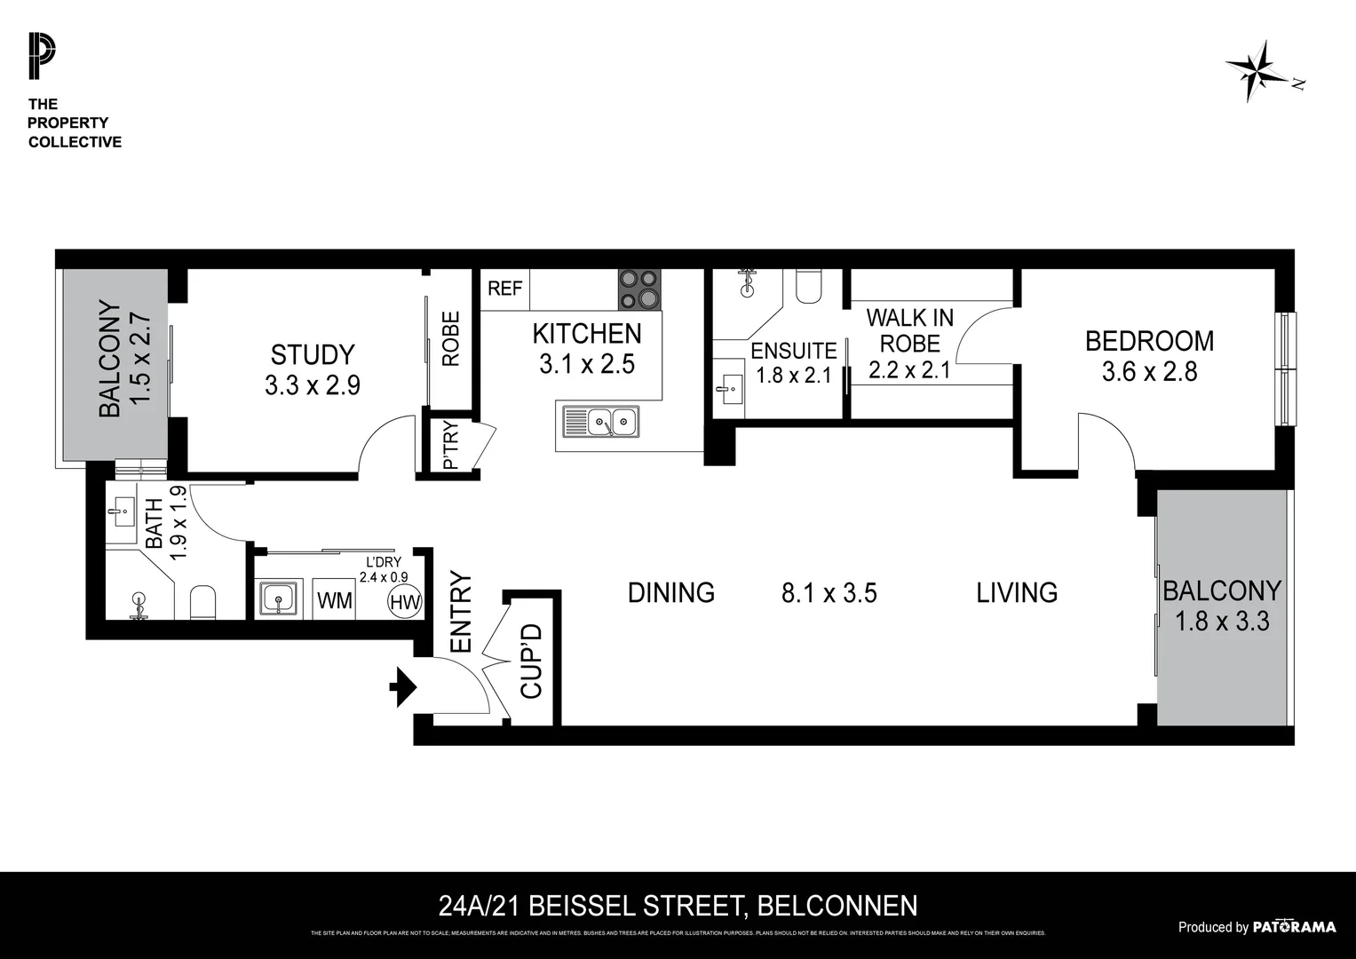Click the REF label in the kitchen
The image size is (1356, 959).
(505, 289)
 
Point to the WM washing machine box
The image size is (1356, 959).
(335, 600)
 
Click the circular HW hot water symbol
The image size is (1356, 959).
(404, 602)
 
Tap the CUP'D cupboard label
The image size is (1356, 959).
(531, 661)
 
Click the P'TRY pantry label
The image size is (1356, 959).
(450, 447)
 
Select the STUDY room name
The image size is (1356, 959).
(313, 355)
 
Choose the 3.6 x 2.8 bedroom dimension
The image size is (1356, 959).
(1149, 372)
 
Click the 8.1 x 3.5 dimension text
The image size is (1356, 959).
(829, 593)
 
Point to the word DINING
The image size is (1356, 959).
(670, 592)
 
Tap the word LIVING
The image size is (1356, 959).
(1017, 592)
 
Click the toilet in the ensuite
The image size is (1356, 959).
(809, 286)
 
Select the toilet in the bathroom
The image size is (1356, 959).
(203, 602)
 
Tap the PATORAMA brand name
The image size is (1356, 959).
(1294, 927)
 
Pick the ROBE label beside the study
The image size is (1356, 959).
(451, 338)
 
